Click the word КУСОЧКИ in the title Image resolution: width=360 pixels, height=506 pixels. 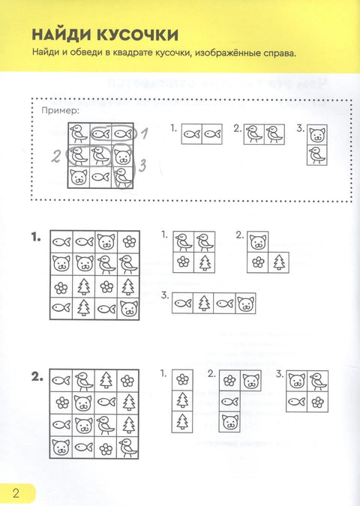point(137,34)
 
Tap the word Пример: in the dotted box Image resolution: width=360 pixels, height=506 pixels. point(60,111)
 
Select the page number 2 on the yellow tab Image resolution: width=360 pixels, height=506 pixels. point(16,493)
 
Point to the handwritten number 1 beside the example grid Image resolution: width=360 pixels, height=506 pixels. point(145,133)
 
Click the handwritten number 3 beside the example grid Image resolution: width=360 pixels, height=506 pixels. point(142,166)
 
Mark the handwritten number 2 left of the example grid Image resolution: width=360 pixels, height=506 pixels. point(56,157)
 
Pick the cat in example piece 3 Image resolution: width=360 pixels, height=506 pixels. point(317,135)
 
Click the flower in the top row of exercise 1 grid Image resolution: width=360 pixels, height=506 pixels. point(129,241)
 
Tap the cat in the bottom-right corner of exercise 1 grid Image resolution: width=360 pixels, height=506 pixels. point(129,309)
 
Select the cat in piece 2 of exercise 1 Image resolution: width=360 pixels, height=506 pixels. point(258,241)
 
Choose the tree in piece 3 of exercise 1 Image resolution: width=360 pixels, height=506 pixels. point(203,304)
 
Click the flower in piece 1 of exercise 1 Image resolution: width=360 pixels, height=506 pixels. point(183,262)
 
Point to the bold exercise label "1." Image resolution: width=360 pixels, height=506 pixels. point(36,238)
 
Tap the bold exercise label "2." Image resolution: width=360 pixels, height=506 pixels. point(37,377)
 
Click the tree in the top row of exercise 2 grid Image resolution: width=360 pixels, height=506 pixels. point(106,380)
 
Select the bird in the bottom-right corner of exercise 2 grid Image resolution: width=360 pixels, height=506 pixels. point(127,448)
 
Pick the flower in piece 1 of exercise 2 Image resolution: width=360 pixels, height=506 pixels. point(182,379)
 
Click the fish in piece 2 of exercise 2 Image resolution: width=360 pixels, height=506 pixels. point(229,402)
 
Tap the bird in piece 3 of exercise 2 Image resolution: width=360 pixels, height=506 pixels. point(318,381)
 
